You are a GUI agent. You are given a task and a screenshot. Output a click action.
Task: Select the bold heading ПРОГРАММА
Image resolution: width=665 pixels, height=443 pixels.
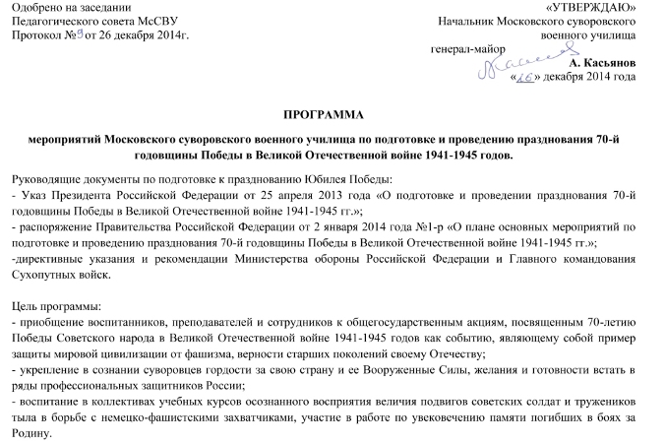click(332, 115)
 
